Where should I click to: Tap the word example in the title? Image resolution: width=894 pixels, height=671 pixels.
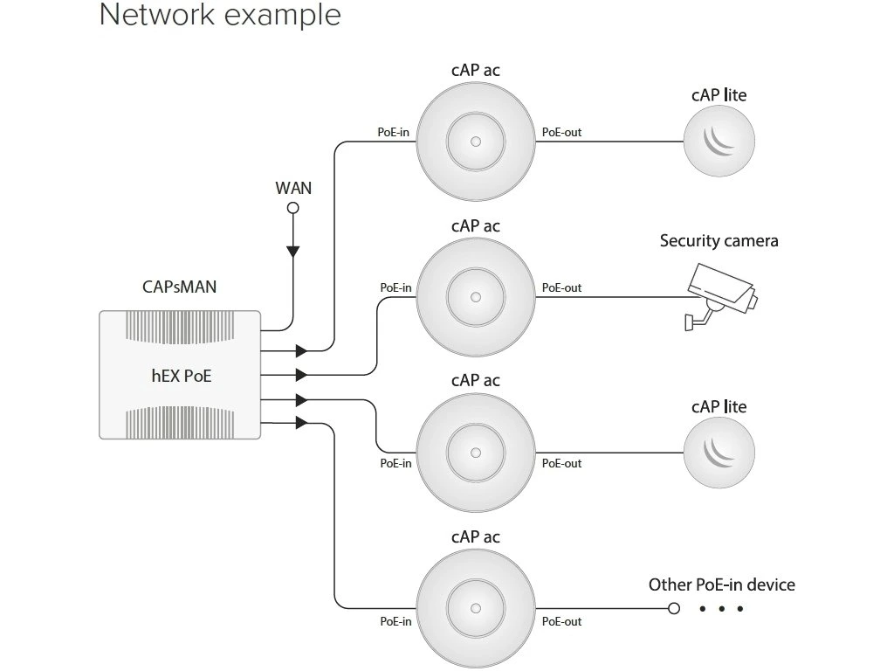(x=280, y=15)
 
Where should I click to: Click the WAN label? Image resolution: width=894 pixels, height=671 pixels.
(x=293, y=187)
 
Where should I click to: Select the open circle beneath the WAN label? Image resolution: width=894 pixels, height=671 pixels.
(x=293, y=208)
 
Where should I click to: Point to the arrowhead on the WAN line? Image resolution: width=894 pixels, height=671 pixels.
(x=293, y=252)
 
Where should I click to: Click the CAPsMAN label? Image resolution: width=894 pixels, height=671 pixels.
(x=180, y=287)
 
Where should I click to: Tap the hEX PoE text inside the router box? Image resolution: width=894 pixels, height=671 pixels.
(x=181, y=377)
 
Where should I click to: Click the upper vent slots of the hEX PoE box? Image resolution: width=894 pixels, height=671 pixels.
(x=181, y=327)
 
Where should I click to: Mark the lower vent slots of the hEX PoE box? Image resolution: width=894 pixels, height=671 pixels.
(x=181, y=422)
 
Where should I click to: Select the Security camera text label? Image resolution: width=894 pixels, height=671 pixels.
(x=719, y=240)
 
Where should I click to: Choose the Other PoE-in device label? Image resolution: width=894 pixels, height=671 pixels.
(x=721, y=585)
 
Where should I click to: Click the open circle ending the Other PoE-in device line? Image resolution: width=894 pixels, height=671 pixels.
(x=673, y=608)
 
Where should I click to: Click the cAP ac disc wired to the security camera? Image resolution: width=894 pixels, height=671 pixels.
(x=476, y=296)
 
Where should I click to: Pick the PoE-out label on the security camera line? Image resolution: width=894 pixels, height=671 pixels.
(x=561, y=287)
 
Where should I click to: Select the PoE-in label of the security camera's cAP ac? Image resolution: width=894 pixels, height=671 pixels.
(x=395, y=287)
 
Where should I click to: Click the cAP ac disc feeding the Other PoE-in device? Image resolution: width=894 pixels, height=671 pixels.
(x=476, y=608)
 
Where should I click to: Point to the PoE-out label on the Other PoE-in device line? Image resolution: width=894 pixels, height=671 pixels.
(x=561, y=621)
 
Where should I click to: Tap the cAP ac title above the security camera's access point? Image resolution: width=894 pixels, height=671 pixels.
(x=476, y=225)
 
